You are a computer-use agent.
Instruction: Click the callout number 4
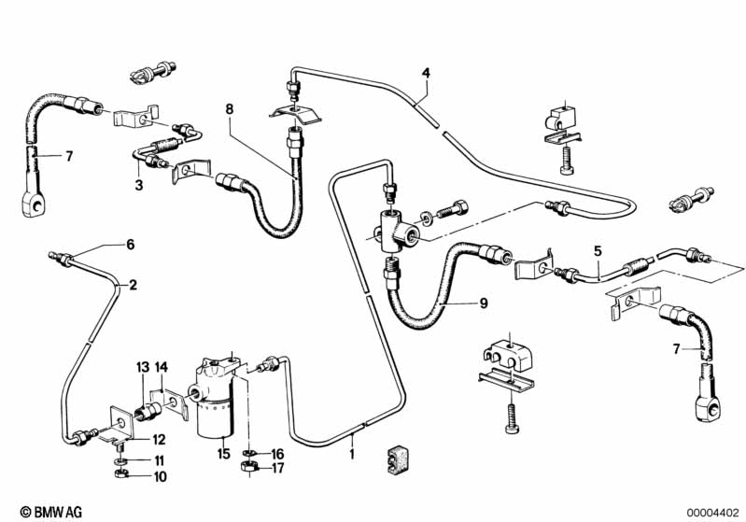pos(426,72)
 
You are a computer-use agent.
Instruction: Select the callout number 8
pos(229,108)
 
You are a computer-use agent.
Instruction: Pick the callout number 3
pos(131,245)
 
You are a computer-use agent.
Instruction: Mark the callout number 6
pos(131,245)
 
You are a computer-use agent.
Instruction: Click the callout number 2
pos(133,285)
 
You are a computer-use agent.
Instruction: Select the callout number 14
pos(161,366)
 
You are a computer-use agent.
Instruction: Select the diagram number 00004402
pos(712,512)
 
